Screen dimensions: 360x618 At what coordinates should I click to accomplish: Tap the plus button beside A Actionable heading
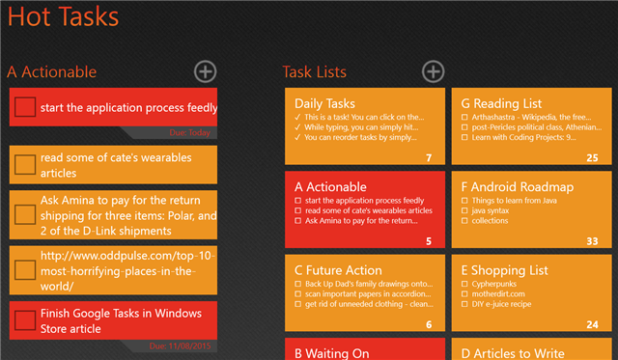[x=205, y=70]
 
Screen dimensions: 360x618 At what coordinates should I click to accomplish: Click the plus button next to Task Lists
[x=434, y=70]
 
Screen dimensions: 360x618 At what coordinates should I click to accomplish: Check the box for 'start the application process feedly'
[x=26, y=107]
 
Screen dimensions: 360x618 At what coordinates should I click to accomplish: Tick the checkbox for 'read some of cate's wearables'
[x=26, y=164]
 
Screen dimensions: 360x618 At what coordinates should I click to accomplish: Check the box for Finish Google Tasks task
[x=26, y=320]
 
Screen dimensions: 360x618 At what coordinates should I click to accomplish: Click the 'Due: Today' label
[x=189, y=132]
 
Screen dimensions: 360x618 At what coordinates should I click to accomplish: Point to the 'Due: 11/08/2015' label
[x=181, y=345]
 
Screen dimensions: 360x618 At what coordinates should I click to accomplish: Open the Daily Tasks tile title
[x=324, y=103]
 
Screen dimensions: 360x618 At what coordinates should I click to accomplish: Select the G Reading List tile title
[x=501, y=103]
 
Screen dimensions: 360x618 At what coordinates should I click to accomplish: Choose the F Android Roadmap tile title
[x=518, y=186]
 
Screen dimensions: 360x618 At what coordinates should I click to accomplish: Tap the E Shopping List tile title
[x=508, y=270]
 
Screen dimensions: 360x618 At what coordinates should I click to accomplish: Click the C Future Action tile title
[x=338, y=270]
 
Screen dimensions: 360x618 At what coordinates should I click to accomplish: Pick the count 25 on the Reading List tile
[x=592, y=157]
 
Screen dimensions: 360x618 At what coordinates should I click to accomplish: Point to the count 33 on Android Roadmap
[x=592, y=241]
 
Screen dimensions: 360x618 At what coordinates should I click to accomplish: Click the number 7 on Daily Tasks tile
[x=428, y=157]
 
